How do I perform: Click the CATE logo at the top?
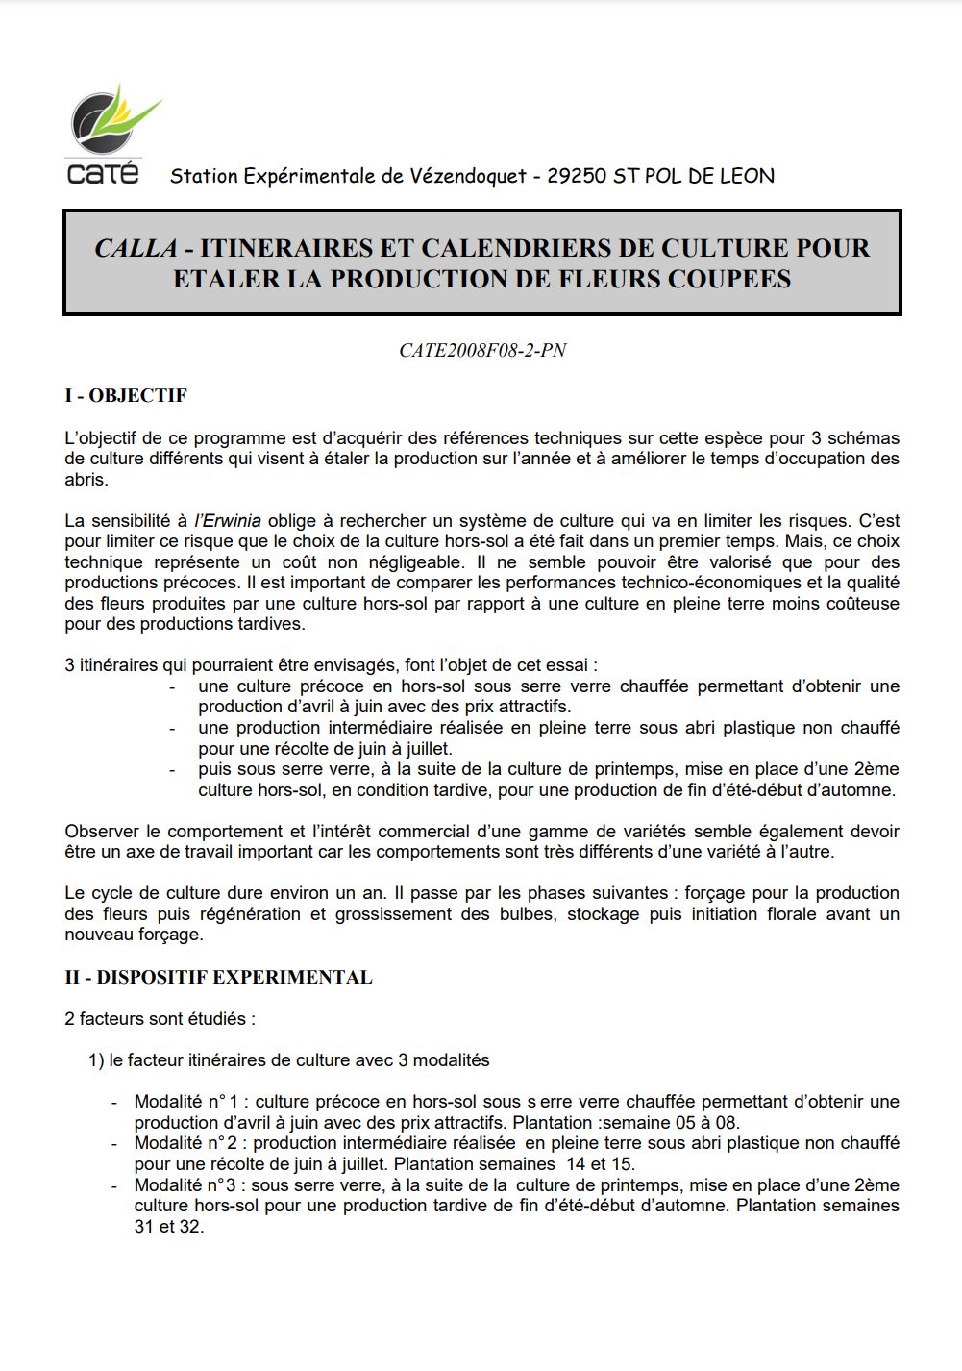(x=106, y=135)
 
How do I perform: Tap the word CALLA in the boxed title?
(x=136, y=248)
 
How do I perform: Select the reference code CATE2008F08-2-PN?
(x=482, y=351)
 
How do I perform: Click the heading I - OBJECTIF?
(x=126, y=396)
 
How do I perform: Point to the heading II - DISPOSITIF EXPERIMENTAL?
(x=218, y=978)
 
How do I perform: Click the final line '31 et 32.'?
(x=169, y=1227)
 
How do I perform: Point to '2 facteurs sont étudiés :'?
(x=160, y=1018)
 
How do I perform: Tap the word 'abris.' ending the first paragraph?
(x=86, y=480)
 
